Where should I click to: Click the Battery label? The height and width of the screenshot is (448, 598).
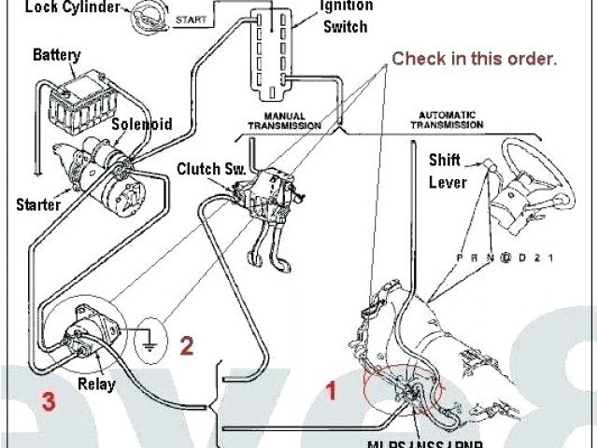coord(56,55)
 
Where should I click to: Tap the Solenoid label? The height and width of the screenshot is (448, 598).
coord(142,124)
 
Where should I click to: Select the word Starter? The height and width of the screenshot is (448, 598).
coord(37,203)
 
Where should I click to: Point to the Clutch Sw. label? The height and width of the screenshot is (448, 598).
coord(210,169)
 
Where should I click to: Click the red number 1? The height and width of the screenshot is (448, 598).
coord(330,391)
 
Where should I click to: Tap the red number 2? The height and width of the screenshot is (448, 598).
coord(187,346)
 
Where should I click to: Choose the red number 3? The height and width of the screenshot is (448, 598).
coord(47,401)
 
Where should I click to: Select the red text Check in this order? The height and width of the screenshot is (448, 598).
coord(474,59)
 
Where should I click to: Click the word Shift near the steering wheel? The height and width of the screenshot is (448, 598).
coord(445,159)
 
